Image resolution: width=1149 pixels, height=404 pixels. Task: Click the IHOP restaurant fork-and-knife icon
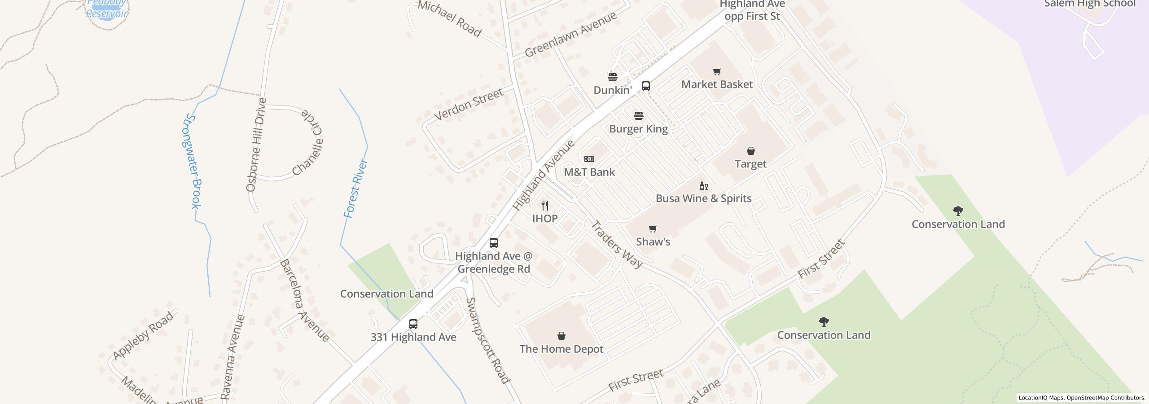545,206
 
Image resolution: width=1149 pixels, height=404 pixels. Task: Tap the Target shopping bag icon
750,151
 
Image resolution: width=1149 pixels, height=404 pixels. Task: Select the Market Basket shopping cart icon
717,71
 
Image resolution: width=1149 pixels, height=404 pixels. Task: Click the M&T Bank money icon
589,159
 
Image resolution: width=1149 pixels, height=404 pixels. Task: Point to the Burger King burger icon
639,116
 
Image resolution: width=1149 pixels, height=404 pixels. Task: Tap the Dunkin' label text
613,90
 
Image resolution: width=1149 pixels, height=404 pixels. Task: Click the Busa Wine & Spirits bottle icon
703,186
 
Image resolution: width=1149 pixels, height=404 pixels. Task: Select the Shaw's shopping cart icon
653,229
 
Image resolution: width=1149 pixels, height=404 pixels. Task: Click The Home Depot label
561,349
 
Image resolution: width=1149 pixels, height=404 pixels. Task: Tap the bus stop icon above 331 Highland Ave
413,324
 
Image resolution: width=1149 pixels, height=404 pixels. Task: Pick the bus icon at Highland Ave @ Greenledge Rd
494,243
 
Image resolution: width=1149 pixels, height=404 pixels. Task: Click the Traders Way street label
617,244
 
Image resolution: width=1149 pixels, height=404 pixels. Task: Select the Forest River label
356,189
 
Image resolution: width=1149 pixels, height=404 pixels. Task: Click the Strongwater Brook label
194,162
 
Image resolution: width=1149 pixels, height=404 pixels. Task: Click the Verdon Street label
469,105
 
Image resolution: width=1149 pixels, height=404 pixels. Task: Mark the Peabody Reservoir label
107,9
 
